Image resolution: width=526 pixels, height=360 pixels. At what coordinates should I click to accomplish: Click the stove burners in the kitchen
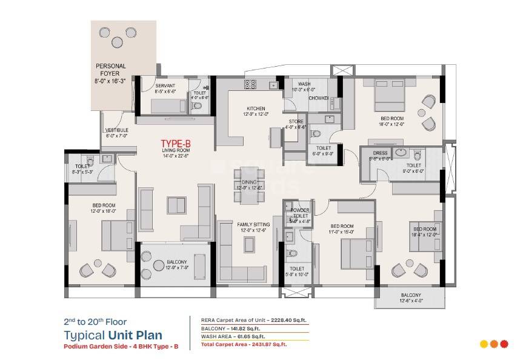pyautogui.click(x=251, y=85)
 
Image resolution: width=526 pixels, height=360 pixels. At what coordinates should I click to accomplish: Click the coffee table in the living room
pyautogui.click(x=177, y=206)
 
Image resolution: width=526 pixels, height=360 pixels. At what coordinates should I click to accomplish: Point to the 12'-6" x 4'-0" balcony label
pyautogui.click(x=410, y=298)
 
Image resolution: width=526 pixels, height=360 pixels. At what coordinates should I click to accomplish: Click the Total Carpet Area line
pyautogui.click(x=243, y=344)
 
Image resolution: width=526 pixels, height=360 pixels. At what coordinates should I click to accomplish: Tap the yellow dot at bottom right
pyautogui.click(x=484, y=344)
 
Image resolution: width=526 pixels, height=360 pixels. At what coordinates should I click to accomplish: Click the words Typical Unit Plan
pyautogui.click(x=113, y=335)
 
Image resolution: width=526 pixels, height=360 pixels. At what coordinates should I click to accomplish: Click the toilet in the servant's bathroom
pyautogui.click(x=196, y=105)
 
